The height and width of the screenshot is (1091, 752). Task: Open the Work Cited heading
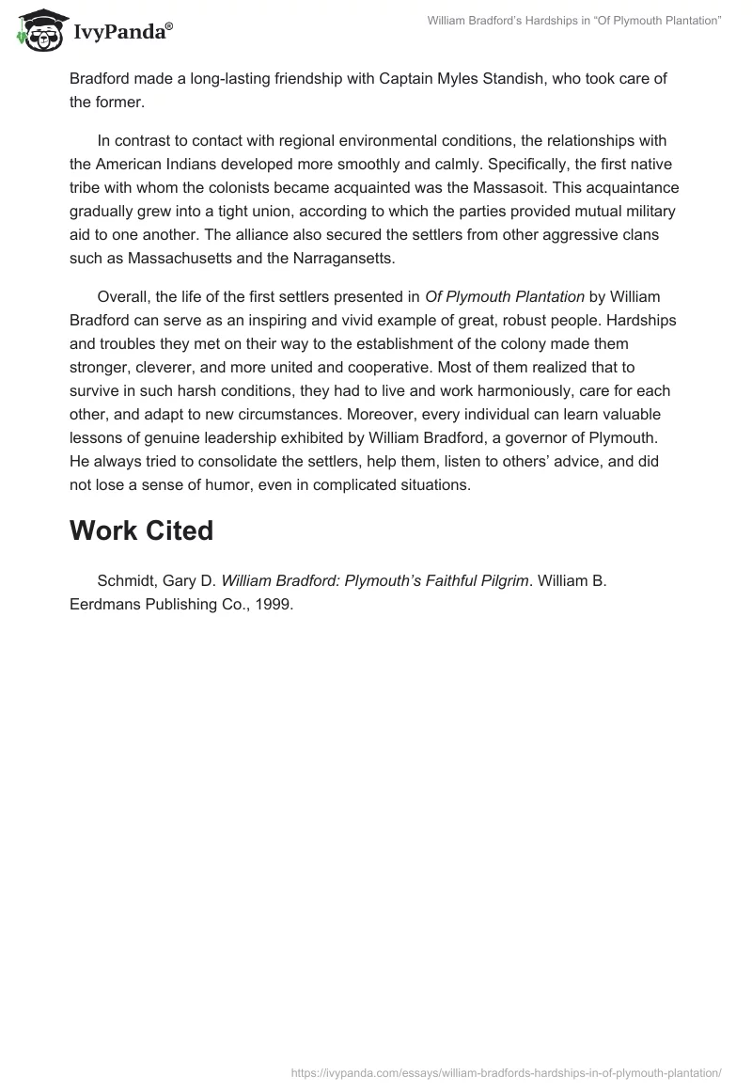[x=141, y=530]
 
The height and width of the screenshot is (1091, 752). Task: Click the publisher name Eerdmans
[x=104, y=605]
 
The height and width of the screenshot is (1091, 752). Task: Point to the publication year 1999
[x=274, y=605]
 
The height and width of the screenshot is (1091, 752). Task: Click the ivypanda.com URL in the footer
[x=506, y=1073]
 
